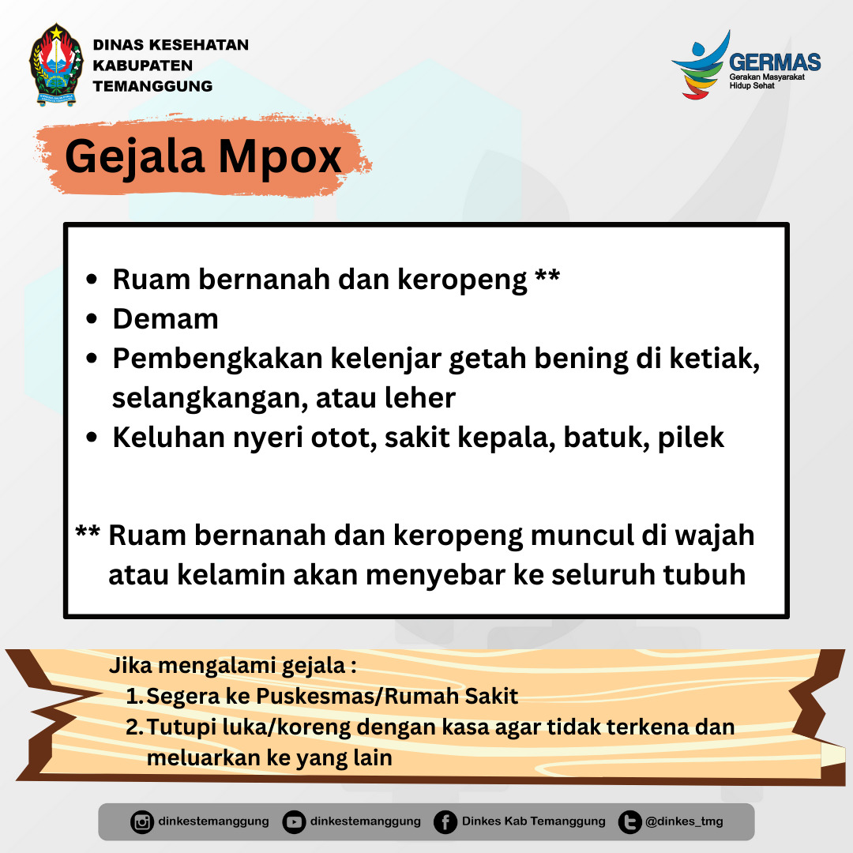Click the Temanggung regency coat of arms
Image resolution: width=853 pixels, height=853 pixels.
click(x=57, y=64)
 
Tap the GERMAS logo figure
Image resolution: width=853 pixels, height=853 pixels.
click(x=701, y=66)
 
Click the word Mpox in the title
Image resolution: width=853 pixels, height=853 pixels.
click(x=280, y=157)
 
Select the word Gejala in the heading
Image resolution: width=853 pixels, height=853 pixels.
click(x=135, y=157)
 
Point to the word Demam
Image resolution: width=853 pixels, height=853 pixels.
click(x=165, y=319)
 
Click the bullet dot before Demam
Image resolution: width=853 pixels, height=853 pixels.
click(x=92, y=319)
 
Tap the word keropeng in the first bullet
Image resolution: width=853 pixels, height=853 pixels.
click(x=462, y=280)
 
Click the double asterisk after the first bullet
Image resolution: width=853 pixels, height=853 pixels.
click(x=547, y=274)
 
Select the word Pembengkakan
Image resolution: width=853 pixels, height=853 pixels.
click(x=218, y=359)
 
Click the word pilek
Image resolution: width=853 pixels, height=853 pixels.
click(x=691, y=438)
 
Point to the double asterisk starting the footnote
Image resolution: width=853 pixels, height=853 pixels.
click(x=88, y=531)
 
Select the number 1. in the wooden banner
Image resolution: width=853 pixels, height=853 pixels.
click(x=134, y=697)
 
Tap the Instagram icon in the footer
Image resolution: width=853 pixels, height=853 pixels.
click(x=142, y=822)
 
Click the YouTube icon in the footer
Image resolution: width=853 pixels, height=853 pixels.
click(x=294, y=822)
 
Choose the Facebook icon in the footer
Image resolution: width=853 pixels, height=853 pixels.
click(x=445, y=822)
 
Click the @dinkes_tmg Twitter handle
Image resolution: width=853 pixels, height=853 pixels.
click(x=684, y=821)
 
